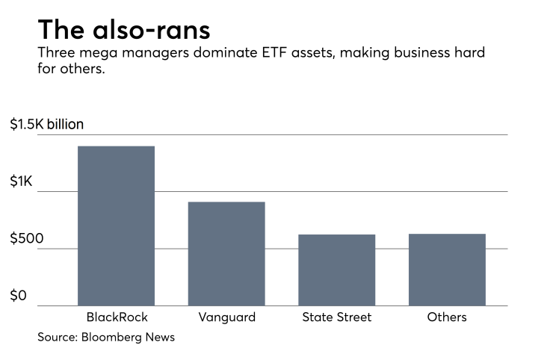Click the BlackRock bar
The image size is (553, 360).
tap(116, 226)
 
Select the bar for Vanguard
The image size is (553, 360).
tap(226, 254)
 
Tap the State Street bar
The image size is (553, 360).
tap(336, 270)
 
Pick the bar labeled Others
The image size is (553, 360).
tap(447, 270)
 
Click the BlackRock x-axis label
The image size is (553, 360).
tap(117, 317)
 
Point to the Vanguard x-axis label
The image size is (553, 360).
tap(226, 317)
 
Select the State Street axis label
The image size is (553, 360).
tap(337, 317)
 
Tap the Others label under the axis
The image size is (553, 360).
tap(447, 317)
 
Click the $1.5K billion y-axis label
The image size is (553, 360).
tap(46, 125)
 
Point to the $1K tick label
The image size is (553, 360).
tap(22, 181)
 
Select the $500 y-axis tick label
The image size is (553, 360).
tap(27, 239)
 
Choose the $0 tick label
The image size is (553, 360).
tap(19, 296)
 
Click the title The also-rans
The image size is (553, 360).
tap(124, 29)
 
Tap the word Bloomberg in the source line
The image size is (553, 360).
tap(115, 338)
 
